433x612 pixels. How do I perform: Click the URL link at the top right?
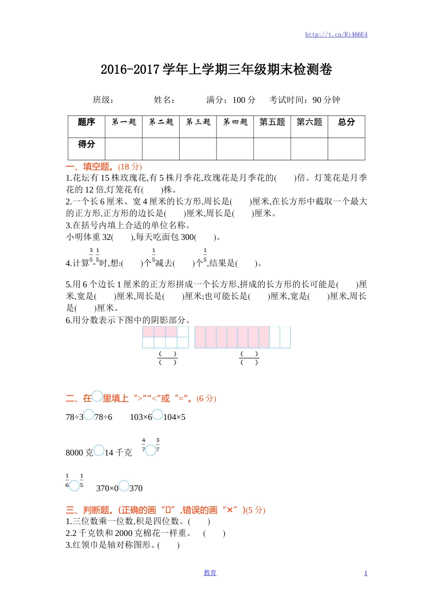click(x=336, y=35)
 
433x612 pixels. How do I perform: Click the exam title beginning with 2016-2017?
click(x=216, y=70)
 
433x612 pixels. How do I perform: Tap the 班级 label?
click(x=103, y=100)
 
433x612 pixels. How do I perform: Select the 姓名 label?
click(x=165, y=100)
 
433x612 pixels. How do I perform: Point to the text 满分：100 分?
click(x=231, y=100)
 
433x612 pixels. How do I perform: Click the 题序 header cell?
click(x=87, y=122)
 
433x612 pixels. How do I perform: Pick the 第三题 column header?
click(x=198, y=122)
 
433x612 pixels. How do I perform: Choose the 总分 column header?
click(x=346, y=122)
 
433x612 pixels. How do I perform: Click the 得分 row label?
click(x=87, y=144)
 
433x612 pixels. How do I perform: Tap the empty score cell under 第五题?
click(x=272, y=148)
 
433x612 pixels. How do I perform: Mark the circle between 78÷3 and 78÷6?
click(x=89, y=415)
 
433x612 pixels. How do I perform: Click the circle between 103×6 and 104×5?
click(x=157, y=415)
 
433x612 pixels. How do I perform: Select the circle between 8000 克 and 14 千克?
click(x=98, y=450)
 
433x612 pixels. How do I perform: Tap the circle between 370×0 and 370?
click(x=124, y=486)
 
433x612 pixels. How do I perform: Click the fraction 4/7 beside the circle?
click(x=144, y=445)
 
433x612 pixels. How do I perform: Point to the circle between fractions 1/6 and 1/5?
click(x=74, y=486)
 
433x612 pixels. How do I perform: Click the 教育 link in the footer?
click(x=210, y=573)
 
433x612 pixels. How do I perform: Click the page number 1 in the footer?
click(x=366, y=573)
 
